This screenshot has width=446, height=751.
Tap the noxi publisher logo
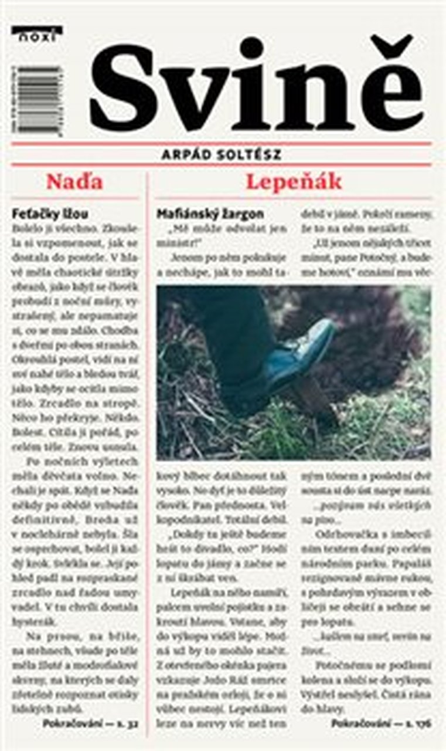coord(36,34)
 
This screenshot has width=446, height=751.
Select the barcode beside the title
coord(39,100)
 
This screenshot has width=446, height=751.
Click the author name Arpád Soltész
coord(222,154)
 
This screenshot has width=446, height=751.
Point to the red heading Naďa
coord(74,182)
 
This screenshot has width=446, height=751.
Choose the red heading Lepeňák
coord(293,182)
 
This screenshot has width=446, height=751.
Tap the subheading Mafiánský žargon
coord(210,214)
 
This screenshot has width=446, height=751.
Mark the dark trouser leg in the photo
coord(234,334)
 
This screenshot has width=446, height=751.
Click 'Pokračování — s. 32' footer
coord(90,723)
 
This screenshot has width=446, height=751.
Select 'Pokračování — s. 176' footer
coord(381,723)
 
